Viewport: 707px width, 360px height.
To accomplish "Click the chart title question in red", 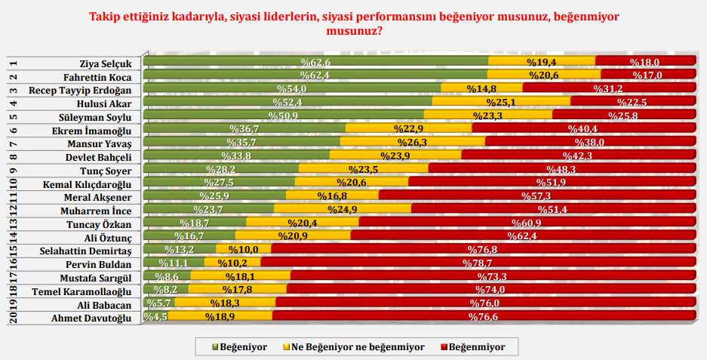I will point(353,23).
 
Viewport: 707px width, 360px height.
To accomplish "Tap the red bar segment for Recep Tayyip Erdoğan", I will point(608,89).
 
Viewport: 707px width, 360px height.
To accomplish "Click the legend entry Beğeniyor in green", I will point(241,347).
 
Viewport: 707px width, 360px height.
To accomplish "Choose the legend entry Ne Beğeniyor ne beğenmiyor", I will point(353,347).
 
